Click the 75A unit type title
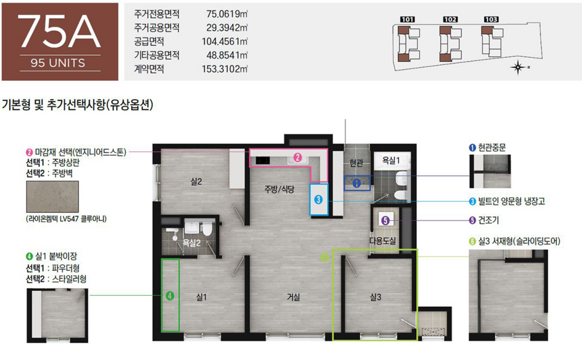coord(59,31)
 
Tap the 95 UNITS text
coord(58,63)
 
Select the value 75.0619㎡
coord(227,14)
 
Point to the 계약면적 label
coord(149,69)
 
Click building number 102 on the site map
coord(450,20)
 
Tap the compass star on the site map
coord(518,68)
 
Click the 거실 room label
coord(293,297)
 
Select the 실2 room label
coord(196,181)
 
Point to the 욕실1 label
coord(391,160)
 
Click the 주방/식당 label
coord(279,189)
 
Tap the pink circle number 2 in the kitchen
coord(297,157)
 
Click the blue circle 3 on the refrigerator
coord(318,200)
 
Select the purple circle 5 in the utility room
coord(385,220)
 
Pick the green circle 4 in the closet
coord(170,295)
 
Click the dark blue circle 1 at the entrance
coord(356,183)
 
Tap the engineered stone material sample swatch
coord(52,197)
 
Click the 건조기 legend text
coord(488,220)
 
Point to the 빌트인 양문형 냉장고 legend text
coord(512,201)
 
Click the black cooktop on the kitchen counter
coord(263,160)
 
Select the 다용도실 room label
coord(383,241)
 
